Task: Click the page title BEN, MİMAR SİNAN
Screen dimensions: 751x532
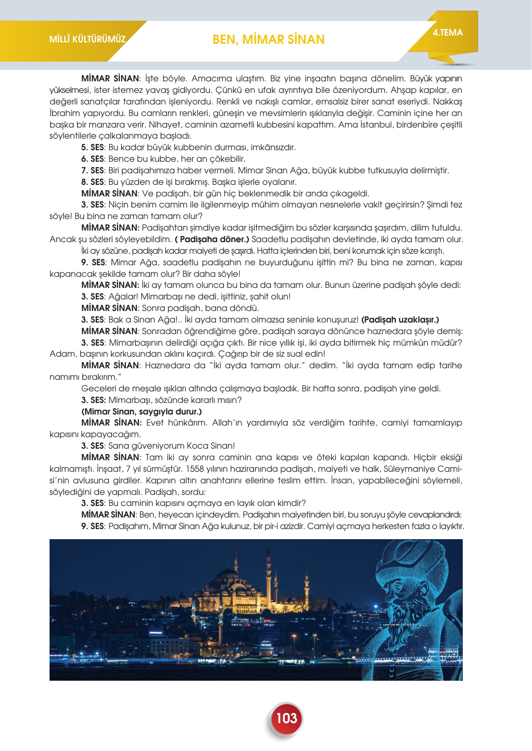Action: pos(268,39)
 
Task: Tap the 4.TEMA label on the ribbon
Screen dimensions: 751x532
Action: pos(447,33)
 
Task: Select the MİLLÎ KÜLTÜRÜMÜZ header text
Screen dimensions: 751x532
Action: pos(87,39)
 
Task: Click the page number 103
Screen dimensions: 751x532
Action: pos(286,718)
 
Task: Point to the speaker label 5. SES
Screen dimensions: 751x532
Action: pos(92,147)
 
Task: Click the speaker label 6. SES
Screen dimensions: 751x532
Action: pos(92,159)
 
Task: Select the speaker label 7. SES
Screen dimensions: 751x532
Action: pos(92,170)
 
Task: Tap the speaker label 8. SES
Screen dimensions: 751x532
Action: pos(92,182)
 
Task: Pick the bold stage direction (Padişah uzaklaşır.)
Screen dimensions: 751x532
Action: pos(400,320)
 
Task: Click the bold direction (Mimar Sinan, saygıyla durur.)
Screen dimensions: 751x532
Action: pos(141,412)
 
